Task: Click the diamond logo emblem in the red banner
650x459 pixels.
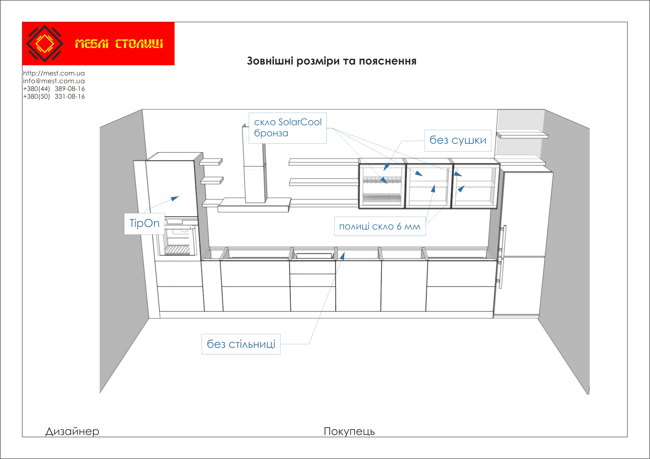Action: click(44, 44)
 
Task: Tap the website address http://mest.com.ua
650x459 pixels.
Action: click(54, 73)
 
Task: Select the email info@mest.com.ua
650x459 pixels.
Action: click(54, 81)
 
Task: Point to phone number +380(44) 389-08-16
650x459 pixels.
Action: click(54, 89)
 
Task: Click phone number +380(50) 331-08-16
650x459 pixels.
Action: click(54, 97)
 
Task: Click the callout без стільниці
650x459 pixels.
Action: click(241, 344)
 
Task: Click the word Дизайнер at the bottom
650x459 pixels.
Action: click(72, 431)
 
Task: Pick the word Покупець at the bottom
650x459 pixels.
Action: click(349, 431)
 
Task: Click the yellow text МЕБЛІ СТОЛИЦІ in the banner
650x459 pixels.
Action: click(119, 44)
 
